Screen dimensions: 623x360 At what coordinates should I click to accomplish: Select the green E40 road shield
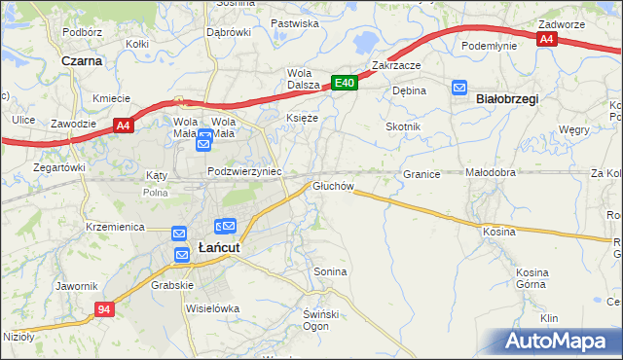coord(344,84)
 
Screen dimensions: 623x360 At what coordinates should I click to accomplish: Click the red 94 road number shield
coord(106,308)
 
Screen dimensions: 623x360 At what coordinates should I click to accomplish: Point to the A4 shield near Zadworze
coord(546,39)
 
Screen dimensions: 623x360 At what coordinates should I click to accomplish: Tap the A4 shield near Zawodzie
coord(122,125)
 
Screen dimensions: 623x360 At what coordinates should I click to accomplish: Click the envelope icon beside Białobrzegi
coord(459,89)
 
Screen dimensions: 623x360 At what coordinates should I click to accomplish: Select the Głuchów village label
coord(331,186)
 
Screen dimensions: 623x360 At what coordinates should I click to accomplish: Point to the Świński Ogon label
coord(320,318)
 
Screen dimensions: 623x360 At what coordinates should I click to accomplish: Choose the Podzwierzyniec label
coord(244,170)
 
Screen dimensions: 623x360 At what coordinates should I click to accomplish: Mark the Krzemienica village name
coord(115,226)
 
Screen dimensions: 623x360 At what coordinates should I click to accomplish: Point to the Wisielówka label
coord(212,308)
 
